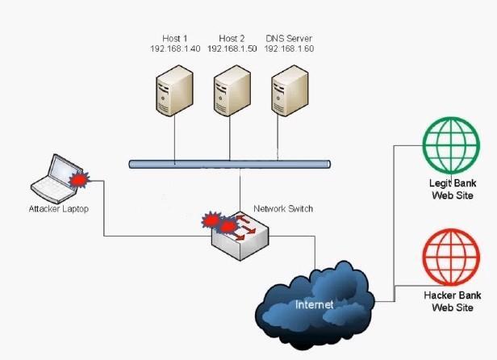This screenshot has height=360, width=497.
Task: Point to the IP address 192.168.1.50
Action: (232, 49)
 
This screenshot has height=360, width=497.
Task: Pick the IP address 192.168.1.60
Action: (289, 49)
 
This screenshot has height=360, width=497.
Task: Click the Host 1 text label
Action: (174, 39)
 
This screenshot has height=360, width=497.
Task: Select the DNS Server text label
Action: (289, 39)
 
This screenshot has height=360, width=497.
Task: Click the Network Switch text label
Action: (283, 208)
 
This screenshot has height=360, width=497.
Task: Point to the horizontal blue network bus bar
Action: (230, 164)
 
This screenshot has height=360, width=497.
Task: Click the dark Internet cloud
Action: (315, 305)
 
